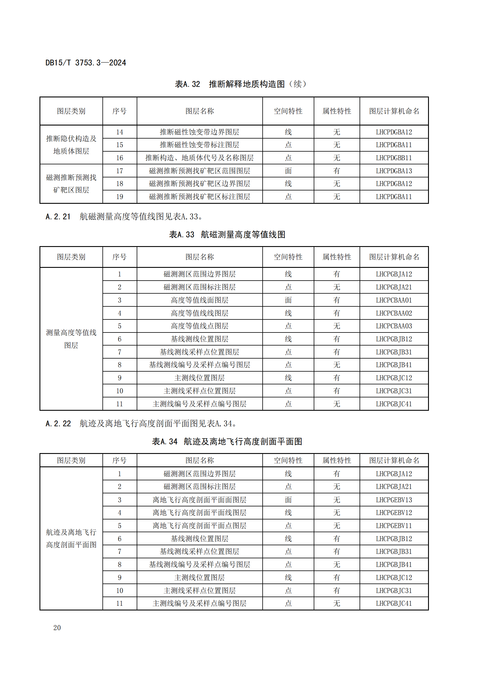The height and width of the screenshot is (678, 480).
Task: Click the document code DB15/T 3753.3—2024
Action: click(x=86, y=63)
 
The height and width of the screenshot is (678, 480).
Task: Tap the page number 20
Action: click(x=57, y=628)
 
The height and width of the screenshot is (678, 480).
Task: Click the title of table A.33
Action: click(x=227, y=235)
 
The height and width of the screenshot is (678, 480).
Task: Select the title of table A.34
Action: click(x=227, y=441)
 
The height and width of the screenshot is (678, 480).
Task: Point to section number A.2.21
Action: click(x=58, y=217)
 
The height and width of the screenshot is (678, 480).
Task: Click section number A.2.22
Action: click(x=58, y=424)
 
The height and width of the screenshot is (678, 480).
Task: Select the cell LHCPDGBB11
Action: click(x=394, y=158)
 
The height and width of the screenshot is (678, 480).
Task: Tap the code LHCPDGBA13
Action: click(x=394, y=171)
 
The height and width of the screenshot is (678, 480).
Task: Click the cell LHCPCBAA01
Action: click(x=394, y=300)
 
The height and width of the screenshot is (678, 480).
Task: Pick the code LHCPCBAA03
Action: click(x=394, y=326)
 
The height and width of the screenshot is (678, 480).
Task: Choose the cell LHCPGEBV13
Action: click(x=394, y=500)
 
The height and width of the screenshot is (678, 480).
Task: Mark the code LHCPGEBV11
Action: click(x=394, y=526)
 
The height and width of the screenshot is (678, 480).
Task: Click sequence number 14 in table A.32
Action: click(x=119, y=132)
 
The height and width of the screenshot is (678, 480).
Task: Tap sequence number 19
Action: click(x=119, y=197)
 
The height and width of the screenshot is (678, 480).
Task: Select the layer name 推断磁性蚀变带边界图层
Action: click(x=199, y=132)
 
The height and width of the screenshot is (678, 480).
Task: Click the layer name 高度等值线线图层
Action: click(x=199, y=313)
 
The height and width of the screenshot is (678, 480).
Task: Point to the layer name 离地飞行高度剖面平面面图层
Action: click(x=199, y=500)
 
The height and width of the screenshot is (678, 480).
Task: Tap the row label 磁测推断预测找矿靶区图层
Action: click(x=71, y=184)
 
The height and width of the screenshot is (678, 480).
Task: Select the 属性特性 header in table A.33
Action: click(x=337, y=257)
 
